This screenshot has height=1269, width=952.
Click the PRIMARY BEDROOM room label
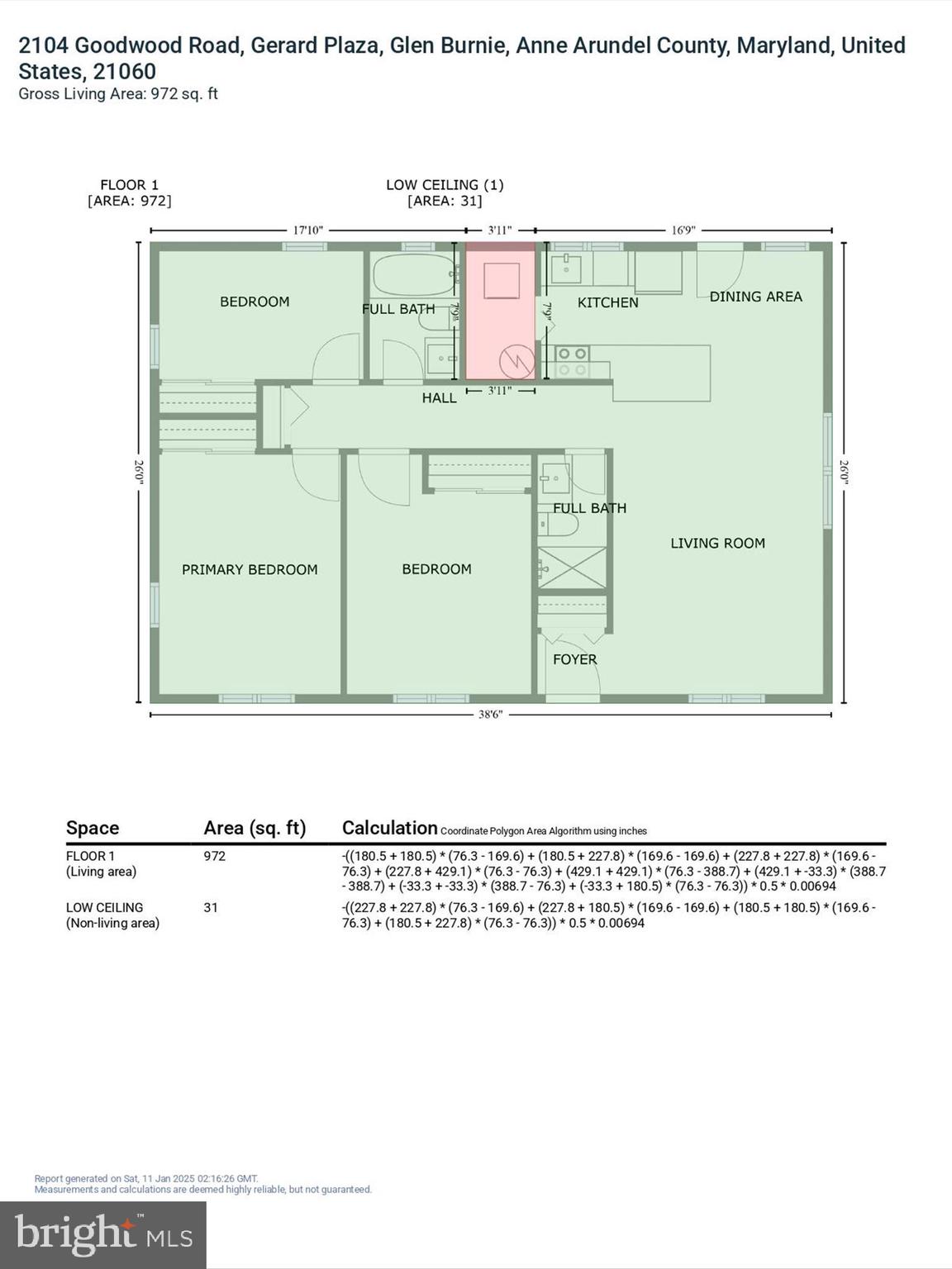250,569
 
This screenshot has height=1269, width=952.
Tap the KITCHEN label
607,302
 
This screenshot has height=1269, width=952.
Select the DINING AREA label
755,297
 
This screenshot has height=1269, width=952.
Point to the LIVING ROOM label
717,543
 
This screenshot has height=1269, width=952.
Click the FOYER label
574,659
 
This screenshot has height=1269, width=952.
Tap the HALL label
439,398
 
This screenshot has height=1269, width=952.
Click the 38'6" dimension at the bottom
490,715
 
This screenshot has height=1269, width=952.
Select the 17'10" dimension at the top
307,231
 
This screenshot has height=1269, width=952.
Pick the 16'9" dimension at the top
683,231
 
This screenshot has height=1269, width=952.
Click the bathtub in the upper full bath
413,274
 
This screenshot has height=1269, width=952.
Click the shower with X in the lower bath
572,568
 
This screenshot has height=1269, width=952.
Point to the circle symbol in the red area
516,361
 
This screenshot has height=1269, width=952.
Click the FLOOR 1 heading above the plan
129,185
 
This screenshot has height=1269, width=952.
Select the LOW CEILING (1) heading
445,185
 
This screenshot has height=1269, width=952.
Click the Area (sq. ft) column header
255,828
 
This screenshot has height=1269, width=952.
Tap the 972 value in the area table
214,856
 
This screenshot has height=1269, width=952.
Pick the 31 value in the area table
211,907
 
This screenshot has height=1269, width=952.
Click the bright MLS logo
103,1234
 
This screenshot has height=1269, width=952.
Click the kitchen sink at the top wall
567,268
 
